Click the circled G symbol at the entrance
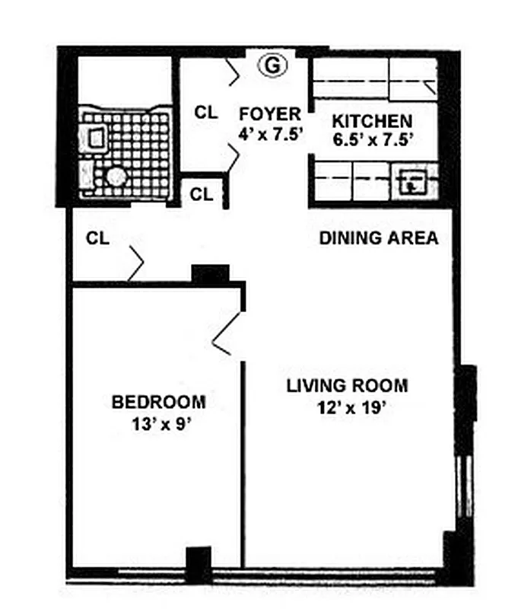coord(272,66)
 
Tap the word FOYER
coord(270,114)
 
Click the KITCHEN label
coord(373,121)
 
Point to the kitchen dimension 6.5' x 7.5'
coord(373,139)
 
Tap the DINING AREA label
coord(378,238)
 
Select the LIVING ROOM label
coord(347,385)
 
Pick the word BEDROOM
coord(158,402)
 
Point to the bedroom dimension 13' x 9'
coord(159,423)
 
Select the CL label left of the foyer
coord(206,112)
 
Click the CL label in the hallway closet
coord(97,238)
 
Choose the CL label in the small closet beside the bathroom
coord(202,194)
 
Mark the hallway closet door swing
coord(136,263)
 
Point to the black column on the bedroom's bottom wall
coord(199,564)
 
